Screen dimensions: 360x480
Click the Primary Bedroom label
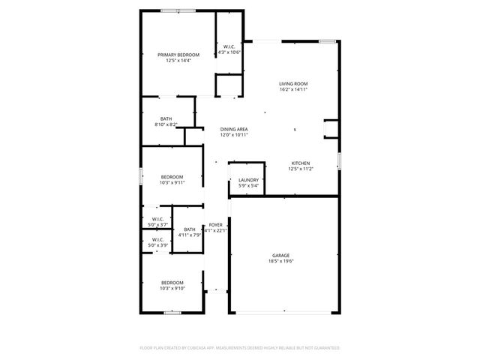click(x=178, y=55)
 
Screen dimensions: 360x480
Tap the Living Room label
click(x=294, y=83)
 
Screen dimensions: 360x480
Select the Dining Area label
click(x=234, y=130)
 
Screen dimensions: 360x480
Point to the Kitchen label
click(x=301, y=163)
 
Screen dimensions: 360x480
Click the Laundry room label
click(x=248, y=180)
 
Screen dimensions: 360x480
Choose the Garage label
click(x=280, y=256)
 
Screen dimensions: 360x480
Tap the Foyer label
click(x=215, y=225)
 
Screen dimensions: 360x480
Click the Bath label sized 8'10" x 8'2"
click(x=166, y=119)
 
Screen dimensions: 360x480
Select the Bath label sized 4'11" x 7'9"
click(x=189, y=229)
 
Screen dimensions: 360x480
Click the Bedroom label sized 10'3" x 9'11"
click(x=172, y=176)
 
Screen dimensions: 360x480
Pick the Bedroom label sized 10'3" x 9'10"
click(x=172, y=283)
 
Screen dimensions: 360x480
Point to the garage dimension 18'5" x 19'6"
click(x=281, y=262)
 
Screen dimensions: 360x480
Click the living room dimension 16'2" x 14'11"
click(x=294, y=89)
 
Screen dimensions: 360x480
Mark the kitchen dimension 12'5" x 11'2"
click(x=301, y=169)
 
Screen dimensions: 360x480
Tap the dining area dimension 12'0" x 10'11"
click(x=234, y=136)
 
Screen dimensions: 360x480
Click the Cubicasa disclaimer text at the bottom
click(x=240, y=348)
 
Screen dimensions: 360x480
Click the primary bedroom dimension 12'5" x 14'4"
click(x=178, y=61)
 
